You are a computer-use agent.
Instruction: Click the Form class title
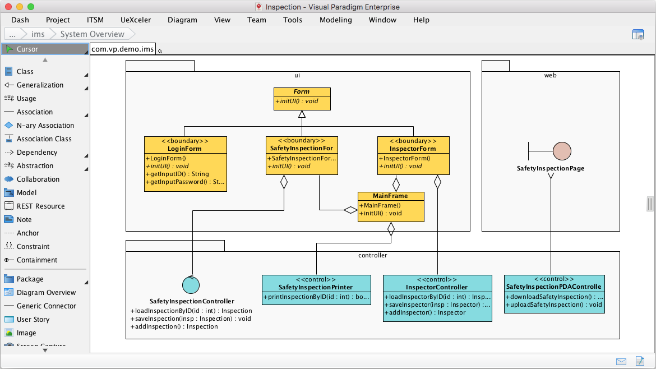pos(302,91)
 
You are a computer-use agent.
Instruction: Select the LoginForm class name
pos(184,149)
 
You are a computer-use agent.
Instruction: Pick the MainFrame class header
pos(390,196)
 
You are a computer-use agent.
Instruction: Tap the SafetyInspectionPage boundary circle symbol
pos(562,151)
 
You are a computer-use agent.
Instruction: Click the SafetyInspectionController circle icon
pos(191,285)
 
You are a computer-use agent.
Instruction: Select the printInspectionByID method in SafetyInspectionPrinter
pos(316,296)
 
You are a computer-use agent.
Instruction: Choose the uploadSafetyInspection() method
pos(554,305)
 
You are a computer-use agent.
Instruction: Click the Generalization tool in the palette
pos(40,85)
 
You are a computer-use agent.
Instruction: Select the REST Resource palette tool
pos(40,206)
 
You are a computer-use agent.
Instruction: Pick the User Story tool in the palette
pos(33,320)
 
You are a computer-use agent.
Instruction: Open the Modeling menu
pos(335,20)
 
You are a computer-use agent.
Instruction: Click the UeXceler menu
pos(135,20)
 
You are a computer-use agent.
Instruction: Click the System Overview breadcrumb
pos(92,34)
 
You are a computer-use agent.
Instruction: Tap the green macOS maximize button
pos(30,7)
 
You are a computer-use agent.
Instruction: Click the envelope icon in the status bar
pos(621,361)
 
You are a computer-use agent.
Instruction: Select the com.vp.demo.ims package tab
pos(123,49)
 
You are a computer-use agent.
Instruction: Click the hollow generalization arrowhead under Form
pos(302,114)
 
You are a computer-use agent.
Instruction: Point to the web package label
pos(550,75)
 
